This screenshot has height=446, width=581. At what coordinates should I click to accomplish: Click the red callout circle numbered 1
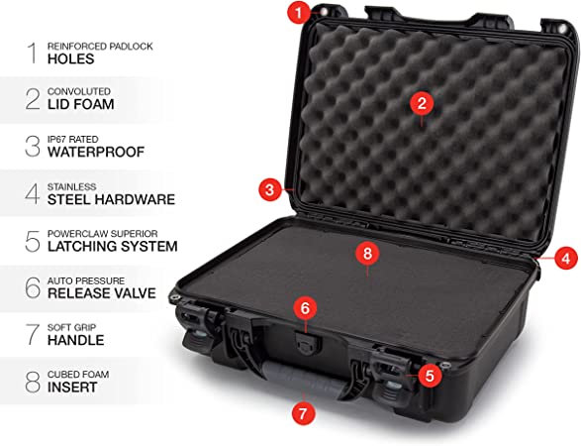pyautogui.click(x=299, y=13)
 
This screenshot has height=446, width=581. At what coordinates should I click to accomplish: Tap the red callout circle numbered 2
pyautogui.click(x=422, y=103)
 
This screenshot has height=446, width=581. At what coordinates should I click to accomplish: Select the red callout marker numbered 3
pyautogui.click(x=270, y=189)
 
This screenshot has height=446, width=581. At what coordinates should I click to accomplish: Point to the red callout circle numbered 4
pyautogui.click(x=565, y=258)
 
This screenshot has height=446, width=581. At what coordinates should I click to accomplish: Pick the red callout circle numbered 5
pyautogui.click(x=430, y=375)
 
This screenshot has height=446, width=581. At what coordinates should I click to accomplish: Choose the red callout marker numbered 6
pyautogui.click(x=305, y=308)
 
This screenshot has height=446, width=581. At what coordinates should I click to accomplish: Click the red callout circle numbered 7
pyautogui.click(x=303, y=413)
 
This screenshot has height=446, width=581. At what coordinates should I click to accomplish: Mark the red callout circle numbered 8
pyautogui.click(x=367, y=254)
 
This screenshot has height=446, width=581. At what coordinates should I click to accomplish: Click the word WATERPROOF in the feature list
pyautogui.click(x=96, y=152)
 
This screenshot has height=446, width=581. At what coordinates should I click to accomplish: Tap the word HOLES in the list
pyautogui.click(x=71, y=58)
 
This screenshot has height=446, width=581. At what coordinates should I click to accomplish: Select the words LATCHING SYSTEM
pyautogui.click(x=113, y=246)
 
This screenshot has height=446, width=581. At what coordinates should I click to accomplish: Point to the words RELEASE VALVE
pyautogui.click(x=102, y=293)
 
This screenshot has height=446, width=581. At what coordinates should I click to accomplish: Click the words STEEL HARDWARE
pyautogui.click(x=111, y=199)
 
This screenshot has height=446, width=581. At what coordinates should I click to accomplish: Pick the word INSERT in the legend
pyautogui.click(x=72, y=387)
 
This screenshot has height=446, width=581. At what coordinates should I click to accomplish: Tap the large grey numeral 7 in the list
pyautogui.click(x=33, y=334)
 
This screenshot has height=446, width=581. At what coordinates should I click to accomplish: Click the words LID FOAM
pyautogui.click(x=81, y=104)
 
